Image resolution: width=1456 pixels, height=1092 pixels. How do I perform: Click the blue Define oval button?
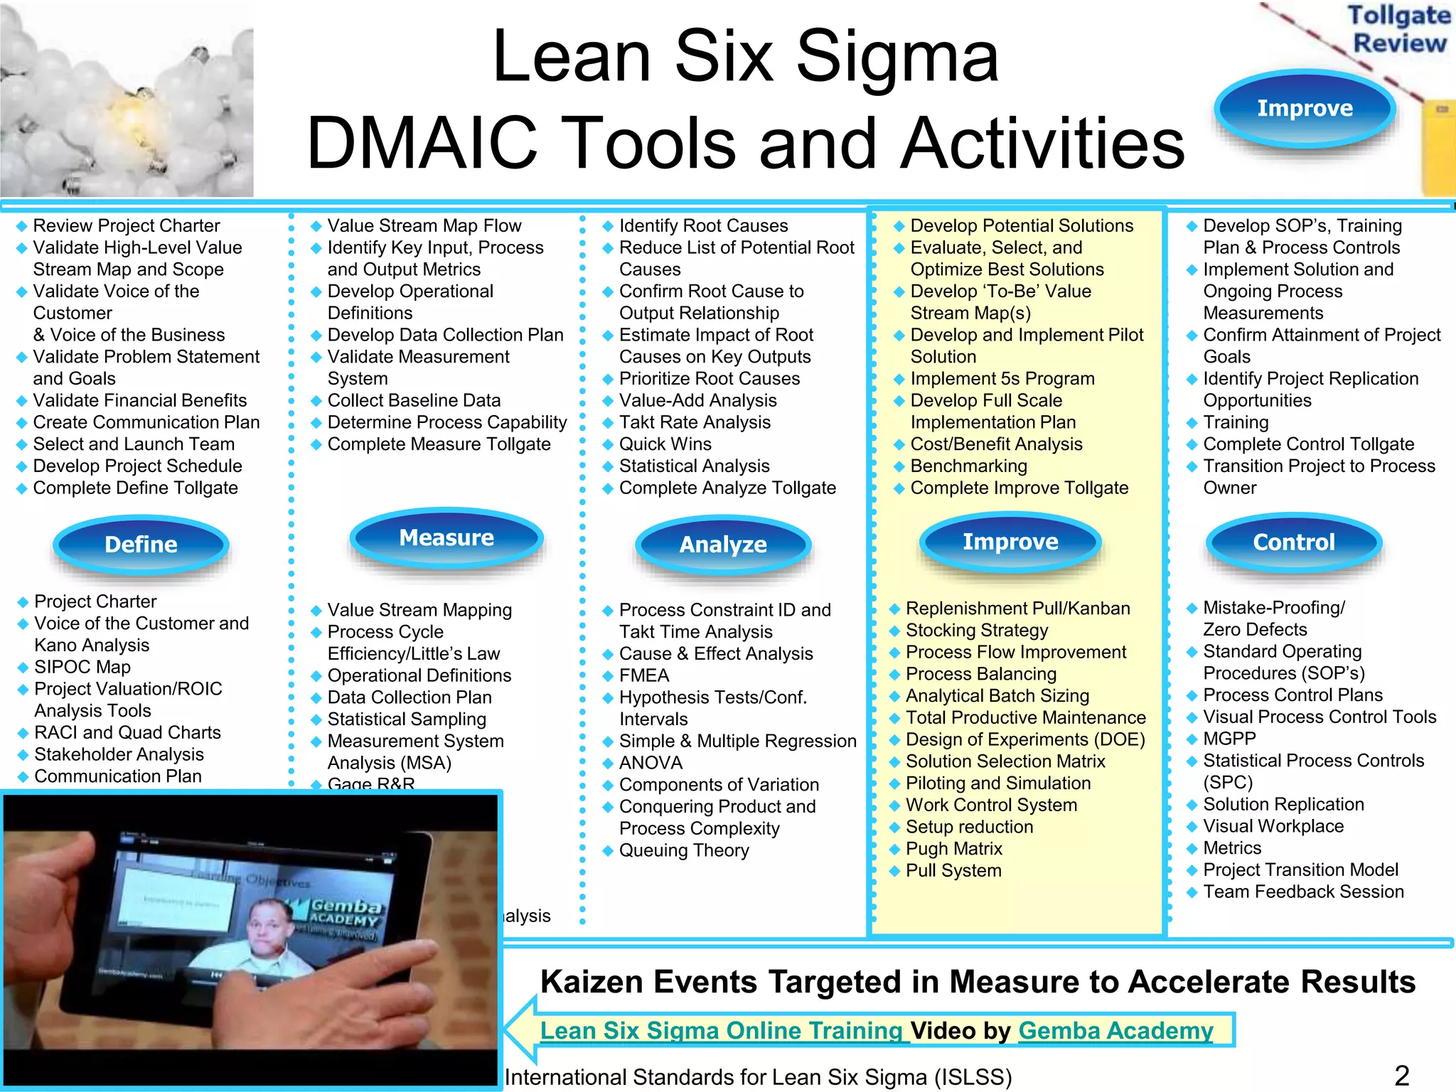click(141, 545)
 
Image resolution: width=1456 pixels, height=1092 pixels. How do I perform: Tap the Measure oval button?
click(446, 538)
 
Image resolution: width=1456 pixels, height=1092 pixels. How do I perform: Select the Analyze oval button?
click(723, 545)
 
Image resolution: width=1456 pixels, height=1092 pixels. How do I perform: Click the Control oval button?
click(1294, 542)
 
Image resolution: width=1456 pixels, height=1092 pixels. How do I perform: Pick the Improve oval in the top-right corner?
click(1305, 108)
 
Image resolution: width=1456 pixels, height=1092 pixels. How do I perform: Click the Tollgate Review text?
click(1398, 28)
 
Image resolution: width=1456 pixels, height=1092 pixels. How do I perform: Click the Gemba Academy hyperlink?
click(1115, 1030)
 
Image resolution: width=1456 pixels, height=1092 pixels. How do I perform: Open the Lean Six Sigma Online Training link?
click(721, 1030)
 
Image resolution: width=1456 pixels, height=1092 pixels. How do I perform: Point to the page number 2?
click(1401, 1076)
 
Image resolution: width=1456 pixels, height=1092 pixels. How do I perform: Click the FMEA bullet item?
click(644, 675)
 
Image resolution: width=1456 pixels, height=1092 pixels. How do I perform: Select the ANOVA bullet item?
click(651, 763)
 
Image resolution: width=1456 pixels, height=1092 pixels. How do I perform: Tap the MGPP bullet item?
click(1229, 739)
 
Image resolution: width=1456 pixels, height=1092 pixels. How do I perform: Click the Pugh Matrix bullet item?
click(953, 849)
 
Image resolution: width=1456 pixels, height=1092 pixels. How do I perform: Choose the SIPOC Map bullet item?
click(82, 667)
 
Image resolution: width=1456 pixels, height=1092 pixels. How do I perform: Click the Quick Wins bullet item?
click(665, 444)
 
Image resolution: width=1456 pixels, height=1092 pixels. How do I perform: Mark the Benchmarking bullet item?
click(968, 466)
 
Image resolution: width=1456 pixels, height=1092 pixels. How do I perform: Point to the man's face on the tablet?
click(269, 931)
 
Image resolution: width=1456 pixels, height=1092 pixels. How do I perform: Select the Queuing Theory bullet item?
click(683, 850)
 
